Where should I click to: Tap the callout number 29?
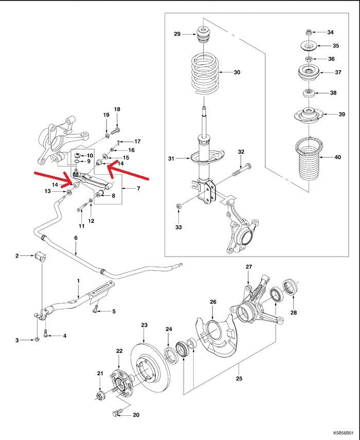177,34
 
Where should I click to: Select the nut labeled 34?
308,32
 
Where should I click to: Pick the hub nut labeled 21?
100,395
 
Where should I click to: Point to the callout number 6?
76,238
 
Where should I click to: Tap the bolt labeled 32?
242,169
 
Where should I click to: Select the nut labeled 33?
178,207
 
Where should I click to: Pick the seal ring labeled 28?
290,287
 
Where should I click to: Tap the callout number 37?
338,72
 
